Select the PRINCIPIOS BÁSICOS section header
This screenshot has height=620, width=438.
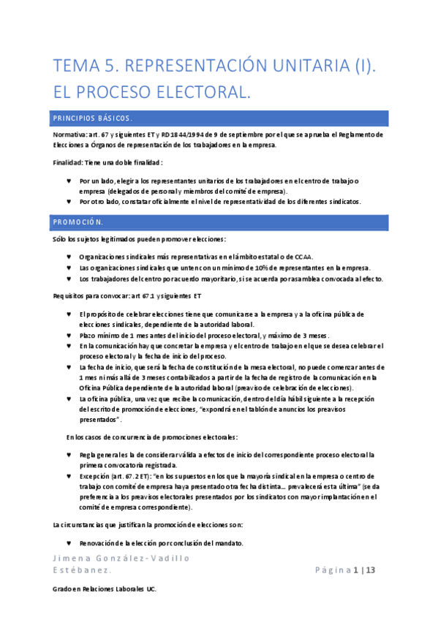92,118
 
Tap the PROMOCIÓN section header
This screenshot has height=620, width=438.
78,221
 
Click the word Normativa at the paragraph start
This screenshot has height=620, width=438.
69,135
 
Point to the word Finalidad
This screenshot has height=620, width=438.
67,162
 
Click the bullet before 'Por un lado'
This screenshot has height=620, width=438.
69,181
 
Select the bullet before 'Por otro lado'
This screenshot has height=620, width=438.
69,201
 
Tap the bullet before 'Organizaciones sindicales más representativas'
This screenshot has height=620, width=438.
69,257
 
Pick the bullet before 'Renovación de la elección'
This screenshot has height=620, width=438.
69,542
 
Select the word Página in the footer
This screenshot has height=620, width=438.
334,570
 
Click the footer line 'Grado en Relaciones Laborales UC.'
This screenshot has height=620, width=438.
105,588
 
